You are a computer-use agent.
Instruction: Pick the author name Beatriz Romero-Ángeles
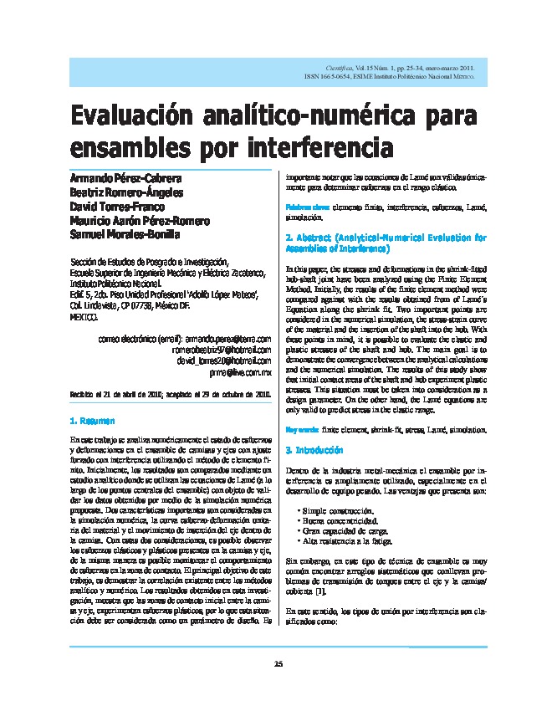[x=127, y=192]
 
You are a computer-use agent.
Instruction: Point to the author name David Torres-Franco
[x=117, y=206]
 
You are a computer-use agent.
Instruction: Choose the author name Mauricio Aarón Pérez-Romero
[x=141, y=220]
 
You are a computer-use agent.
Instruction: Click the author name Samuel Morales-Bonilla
[x=125, y=234]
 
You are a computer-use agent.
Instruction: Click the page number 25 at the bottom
[x=278, y=664]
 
